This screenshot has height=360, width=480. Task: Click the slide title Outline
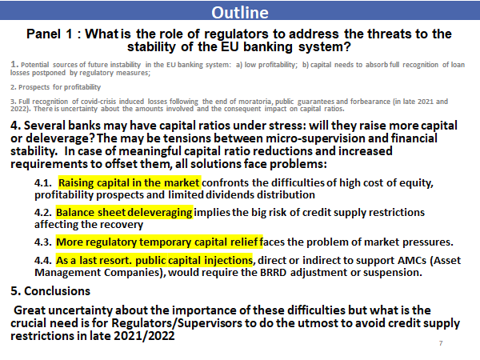coord(239,14)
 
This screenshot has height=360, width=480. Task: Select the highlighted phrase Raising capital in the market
coord(129,182)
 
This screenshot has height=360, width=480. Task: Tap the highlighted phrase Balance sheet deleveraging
coord(124,213)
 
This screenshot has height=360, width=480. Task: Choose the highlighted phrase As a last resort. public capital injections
coord(154,260)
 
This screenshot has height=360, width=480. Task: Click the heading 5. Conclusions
coord(50,290)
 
